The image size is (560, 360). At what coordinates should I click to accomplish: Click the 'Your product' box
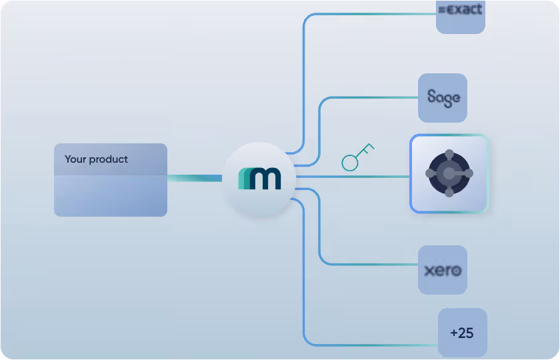pos(111,180)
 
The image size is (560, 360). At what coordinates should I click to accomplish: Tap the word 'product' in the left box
pos(109,160)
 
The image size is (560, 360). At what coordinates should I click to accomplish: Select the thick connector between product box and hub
pos(194,178)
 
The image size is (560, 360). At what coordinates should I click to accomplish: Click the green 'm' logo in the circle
pos(259,179)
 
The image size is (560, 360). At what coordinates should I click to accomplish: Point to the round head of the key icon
pos(350,162)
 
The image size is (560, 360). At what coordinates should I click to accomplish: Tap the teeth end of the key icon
pos(369,146)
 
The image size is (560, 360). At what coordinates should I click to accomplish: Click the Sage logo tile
pos(443,98)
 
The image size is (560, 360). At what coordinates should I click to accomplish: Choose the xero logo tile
pos(443,270)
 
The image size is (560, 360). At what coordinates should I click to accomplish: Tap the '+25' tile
pos(462,332)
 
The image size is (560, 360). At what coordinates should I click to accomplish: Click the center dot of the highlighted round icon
pos(449,173)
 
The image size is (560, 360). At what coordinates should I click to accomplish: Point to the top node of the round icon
pos(449,154)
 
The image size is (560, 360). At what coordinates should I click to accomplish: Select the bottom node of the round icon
pos(449,193)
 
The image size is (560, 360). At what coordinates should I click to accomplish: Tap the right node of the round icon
pos(468,173)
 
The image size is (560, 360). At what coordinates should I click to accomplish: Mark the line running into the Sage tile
pos(373,98)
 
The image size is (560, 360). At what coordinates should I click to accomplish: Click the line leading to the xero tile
pos(373,264)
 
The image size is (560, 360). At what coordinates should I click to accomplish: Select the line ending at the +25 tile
pos(373,345)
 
